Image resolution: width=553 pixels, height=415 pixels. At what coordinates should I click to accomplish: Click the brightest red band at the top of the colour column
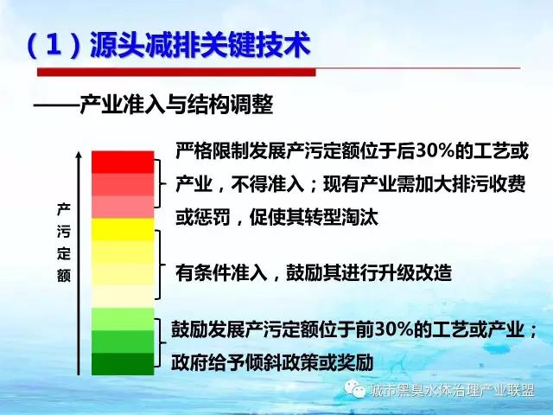coord(123,163)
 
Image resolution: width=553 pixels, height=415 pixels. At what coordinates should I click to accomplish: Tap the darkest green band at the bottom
coord(123,364)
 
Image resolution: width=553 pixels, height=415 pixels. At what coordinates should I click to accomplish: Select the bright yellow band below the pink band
coord(123,229)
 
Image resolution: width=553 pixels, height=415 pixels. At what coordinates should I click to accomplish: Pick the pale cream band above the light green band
coord(123,297)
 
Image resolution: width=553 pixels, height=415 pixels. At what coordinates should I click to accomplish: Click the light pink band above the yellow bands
coord(123,207)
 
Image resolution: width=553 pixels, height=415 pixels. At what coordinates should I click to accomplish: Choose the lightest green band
coord(123,319)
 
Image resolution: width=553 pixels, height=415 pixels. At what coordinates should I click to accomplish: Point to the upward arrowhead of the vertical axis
coord(79,156)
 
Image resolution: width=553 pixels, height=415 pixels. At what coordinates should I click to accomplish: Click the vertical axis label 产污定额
coord(64,243)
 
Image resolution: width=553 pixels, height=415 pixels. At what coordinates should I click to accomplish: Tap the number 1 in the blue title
coord(54,45)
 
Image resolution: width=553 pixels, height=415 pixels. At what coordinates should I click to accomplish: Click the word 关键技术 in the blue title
coord(255,45)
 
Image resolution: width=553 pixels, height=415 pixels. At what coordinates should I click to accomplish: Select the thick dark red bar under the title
coord(176,72)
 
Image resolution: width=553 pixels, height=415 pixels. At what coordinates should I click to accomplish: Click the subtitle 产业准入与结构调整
coord(176,105)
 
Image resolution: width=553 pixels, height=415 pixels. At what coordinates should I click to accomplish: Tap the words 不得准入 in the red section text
coord(268,184)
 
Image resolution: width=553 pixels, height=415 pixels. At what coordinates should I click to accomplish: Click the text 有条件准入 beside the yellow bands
coord(221,272)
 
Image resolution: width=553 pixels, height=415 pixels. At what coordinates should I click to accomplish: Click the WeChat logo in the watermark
coord(355,389)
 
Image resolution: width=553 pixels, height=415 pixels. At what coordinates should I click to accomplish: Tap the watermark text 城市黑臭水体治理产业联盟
coord(452,390)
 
